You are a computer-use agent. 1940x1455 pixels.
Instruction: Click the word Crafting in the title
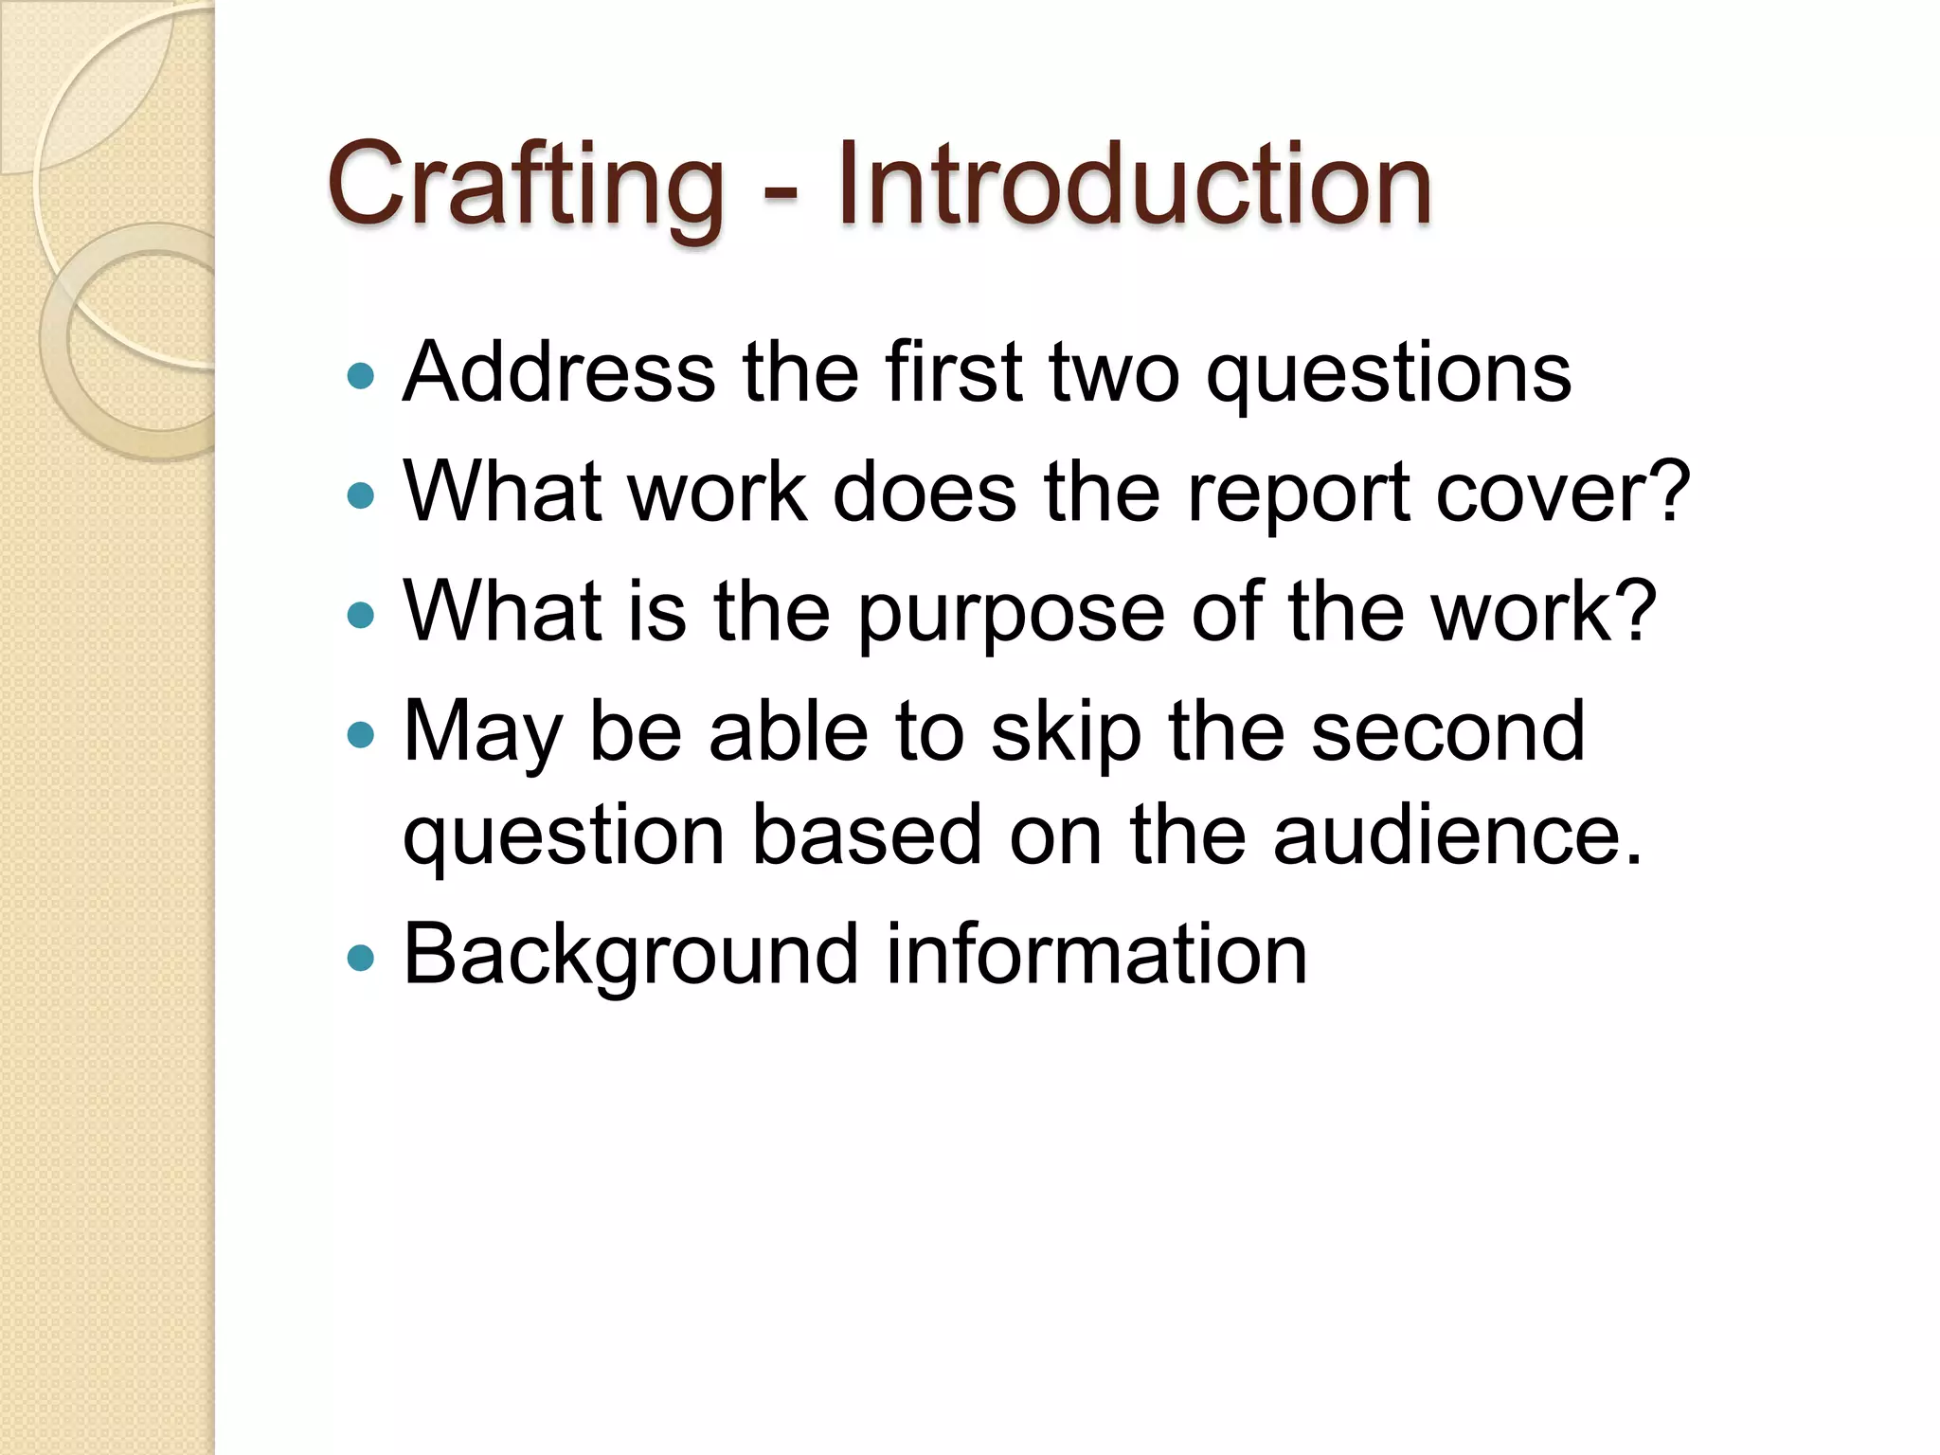(x=526, y=185)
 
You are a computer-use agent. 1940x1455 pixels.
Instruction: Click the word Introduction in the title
(x=1134, y=185)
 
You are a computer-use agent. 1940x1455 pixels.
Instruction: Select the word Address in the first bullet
(x=559, y=372)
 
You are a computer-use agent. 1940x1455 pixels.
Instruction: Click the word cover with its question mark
(x=1563, y=493)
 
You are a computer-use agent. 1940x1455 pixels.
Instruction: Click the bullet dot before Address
(x=361, y=377)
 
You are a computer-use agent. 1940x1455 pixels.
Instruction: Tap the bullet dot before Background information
(x=361, y=959)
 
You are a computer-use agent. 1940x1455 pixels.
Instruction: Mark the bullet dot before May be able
(x=361, y=734)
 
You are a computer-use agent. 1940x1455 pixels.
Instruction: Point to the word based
(x=867, y=835)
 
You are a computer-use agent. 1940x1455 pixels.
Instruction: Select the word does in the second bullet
(x=925, y=493)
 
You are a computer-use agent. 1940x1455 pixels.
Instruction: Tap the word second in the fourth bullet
(x=1447, y=732)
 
